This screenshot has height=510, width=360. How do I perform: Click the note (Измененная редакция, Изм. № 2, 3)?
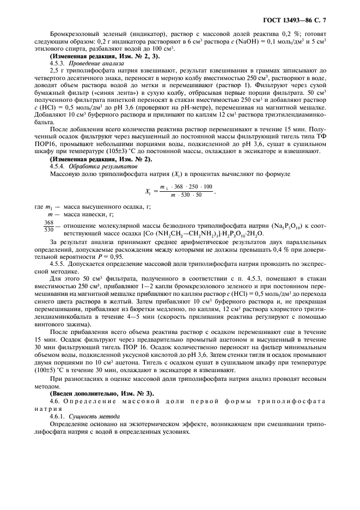coord(97,56)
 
